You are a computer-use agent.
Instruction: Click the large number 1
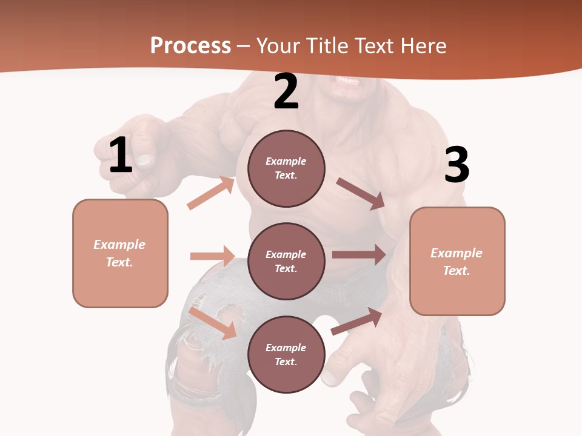coord(121,156)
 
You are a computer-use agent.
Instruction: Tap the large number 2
coord(286,91)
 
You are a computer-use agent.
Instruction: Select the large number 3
coord(457,165)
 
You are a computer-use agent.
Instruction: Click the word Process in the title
coord(190,45)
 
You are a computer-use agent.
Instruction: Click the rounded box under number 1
coord(120,253)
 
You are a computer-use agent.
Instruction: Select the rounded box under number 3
coord(457,261)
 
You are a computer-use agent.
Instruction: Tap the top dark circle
coord(286,168)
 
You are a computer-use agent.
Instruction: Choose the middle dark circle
coord(286,261)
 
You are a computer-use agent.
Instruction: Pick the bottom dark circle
coord(286,354)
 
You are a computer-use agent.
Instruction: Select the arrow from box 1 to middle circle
coord(212,256)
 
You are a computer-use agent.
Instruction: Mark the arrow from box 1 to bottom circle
coord(213,323)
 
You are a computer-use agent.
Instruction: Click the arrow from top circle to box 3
coord(361,193)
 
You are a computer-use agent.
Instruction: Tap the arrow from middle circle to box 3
coord(359,255)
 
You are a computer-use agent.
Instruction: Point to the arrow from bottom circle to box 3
coord(356,321)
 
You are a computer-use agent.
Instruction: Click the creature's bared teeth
coord(347,81)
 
